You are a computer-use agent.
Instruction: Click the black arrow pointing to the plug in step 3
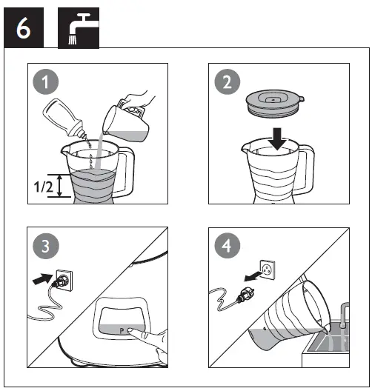click(42, 280)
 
